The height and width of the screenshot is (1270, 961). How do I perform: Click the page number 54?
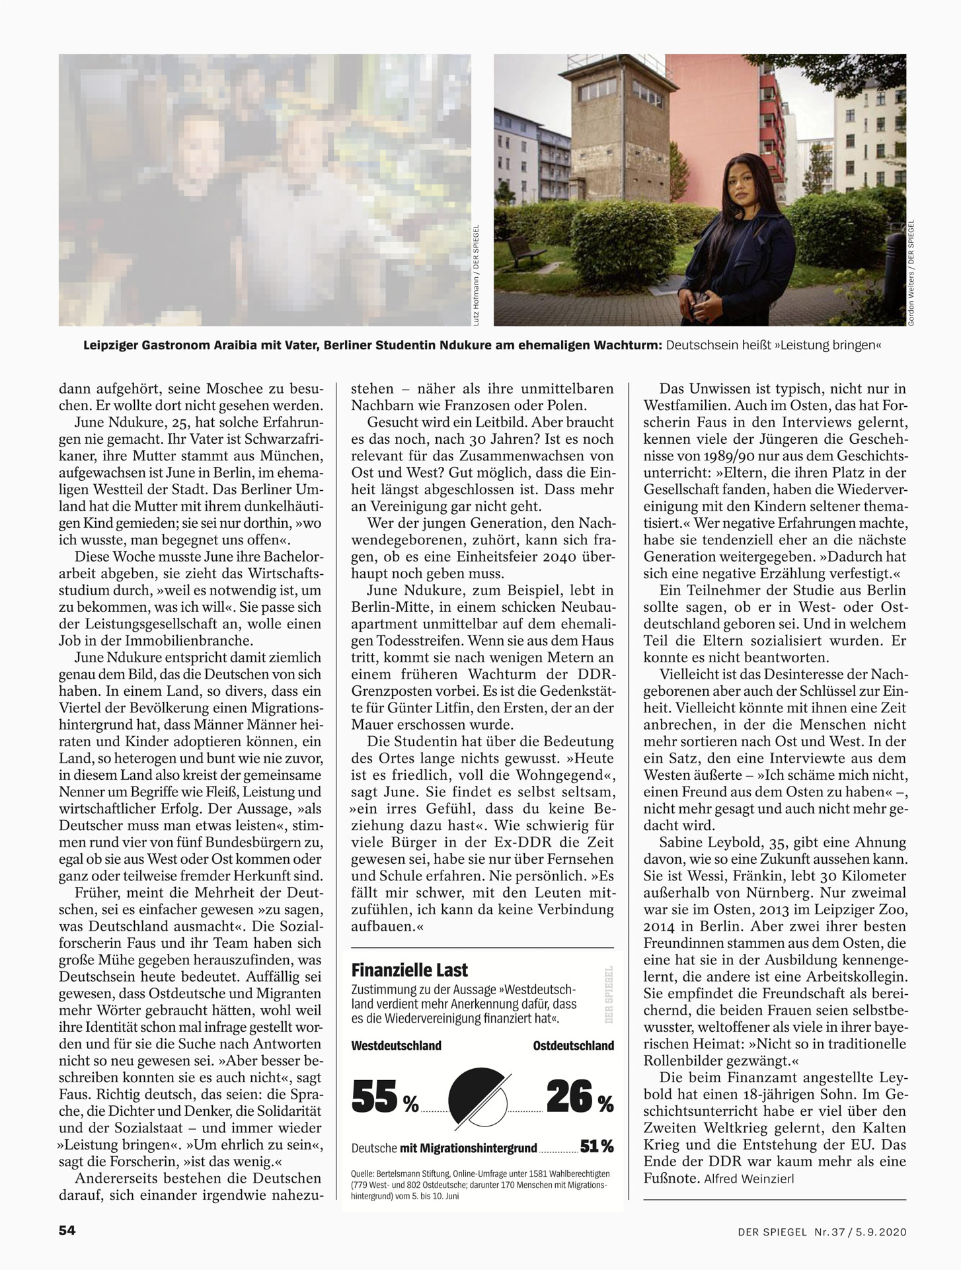(x=67, y=1230)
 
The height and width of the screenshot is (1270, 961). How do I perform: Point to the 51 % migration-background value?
(x=596, y=1146)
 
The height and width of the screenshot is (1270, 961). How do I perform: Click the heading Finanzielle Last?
(x=410, y=970)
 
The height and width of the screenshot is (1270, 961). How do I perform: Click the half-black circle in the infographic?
(x=478, y=1095)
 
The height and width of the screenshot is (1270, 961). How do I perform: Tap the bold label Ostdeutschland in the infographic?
(x=573, y=1046)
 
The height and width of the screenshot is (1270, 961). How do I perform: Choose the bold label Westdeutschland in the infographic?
(x=397, y=1046)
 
